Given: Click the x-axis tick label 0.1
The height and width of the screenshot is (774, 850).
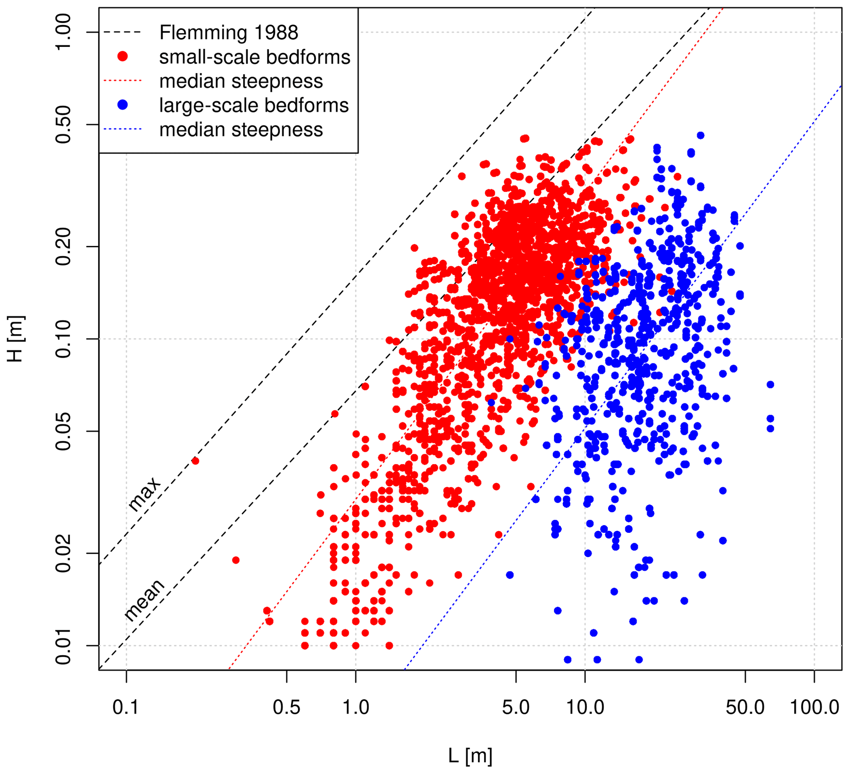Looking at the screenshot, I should click(x=126, y=707).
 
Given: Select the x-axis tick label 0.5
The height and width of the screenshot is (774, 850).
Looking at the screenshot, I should click(x=286, y=707).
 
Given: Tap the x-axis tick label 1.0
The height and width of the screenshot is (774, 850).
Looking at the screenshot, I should click(x=355, y=707).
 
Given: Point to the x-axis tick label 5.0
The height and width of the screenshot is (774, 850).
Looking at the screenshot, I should click(x=516, y=707).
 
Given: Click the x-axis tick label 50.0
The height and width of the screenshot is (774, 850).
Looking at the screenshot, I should click(x=745, y=707).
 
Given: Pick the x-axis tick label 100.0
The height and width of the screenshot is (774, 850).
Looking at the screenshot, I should click(x=814, y=707).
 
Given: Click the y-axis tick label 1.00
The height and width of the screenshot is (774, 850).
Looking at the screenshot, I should click(x=63, y=32).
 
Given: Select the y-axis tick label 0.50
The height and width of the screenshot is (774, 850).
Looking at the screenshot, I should click(x=63, y=124).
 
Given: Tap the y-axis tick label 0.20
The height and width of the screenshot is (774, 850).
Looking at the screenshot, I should click(x=63, y=246).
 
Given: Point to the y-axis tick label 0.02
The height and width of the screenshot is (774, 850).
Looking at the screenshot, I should click(x=63, y=553).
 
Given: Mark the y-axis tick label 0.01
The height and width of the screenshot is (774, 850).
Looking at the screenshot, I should click(x=63, y=646).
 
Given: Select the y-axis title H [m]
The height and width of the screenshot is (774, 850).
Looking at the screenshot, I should click(x=16, y=338).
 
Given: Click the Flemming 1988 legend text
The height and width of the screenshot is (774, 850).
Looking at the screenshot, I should click(x=229, y=33).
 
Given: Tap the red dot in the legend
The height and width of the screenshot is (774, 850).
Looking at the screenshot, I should click(x=122, y=56).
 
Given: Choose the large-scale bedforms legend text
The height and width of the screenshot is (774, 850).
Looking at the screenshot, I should click(x=254, y=105).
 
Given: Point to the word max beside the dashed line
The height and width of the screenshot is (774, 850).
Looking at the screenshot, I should click(x=144, y=494).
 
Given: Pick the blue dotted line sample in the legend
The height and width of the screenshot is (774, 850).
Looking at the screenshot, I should click(x=122, y=130).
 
